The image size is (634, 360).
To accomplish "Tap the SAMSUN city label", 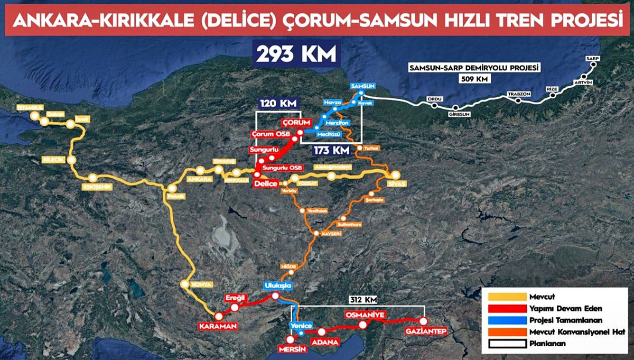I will pos(362,86).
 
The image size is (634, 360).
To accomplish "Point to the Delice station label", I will pos(266,183).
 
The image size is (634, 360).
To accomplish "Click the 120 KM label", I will pos(278,103).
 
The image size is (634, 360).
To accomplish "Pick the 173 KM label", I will pos(332,150).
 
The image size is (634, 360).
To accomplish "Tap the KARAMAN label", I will pos(218,326).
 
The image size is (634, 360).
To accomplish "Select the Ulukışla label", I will pos(277,286).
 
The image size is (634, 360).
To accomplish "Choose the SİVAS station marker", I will pos(395,176).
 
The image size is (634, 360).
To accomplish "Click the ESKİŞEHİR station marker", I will pos(94,178).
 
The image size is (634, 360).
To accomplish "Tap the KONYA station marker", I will pos(185,284).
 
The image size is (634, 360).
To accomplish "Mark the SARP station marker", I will pos(593,65).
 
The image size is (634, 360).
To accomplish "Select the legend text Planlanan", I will pos(548,344).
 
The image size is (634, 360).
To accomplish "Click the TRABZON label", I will pos(518,94).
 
